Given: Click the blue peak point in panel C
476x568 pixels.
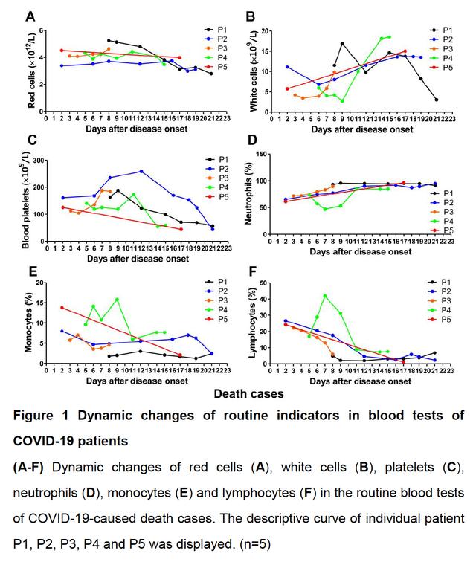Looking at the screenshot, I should (141, 171).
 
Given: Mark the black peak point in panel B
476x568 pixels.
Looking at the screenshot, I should (342, 44).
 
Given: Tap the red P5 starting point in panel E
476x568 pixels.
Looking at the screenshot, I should (62, 307).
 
